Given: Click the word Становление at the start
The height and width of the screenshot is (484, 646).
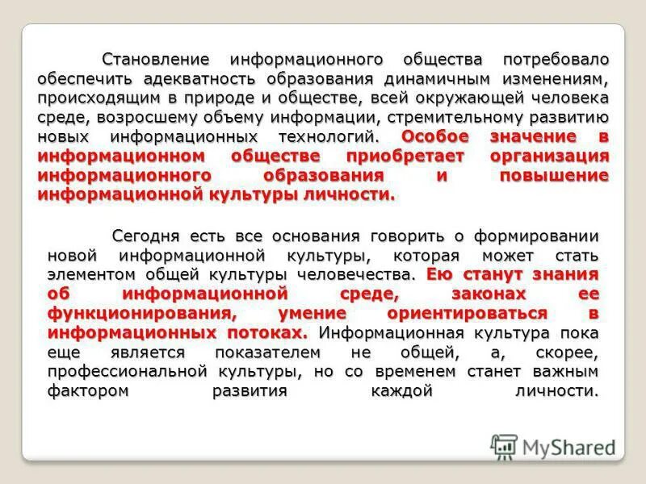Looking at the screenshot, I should pyautogui.click(x=156, y=60).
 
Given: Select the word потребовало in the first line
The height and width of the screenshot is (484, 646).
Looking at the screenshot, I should pyautogui.click(x=556, y=60).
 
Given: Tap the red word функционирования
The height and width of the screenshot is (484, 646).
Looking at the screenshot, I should pyautogui.click(x=142, y=312).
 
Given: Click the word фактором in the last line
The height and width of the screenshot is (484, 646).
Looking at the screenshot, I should pyautogui.click(x=85, y=391).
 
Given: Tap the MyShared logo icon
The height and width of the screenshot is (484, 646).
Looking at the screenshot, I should pyautogui.click(x=505, y=445).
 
